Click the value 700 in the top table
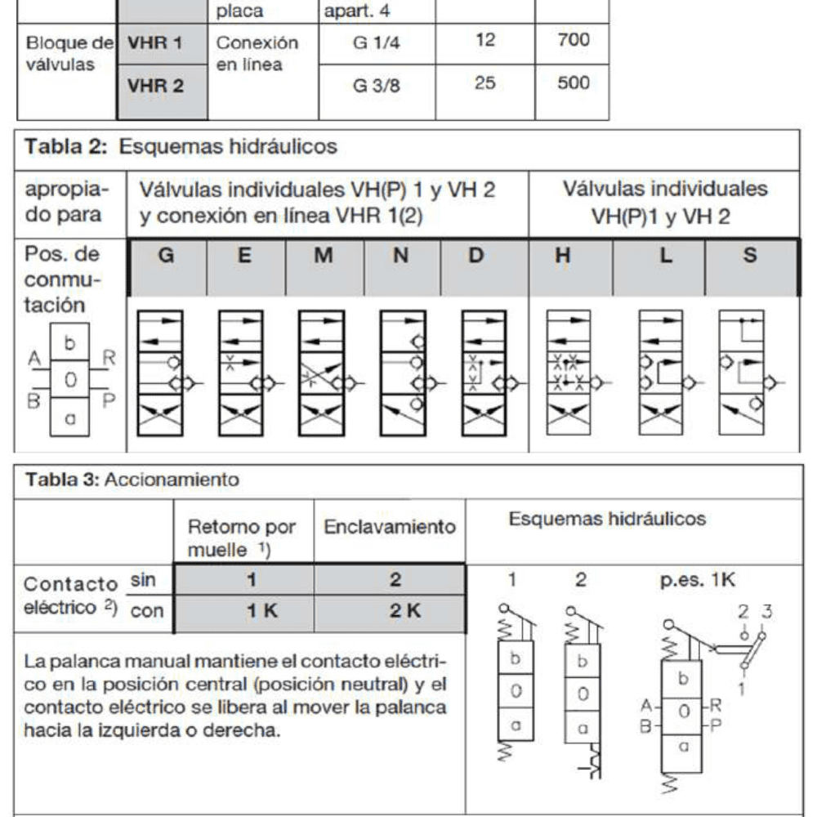point(573,39)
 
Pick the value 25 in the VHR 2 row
point(485,83)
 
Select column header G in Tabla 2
point(166,256)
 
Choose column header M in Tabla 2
point(324,256)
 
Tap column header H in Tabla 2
point(563,256)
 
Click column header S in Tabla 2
point(749,256)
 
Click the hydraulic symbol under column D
point(487,372)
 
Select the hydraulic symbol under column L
point(665,372)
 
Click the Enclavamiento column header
point(389,527)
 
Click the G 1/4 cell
point(377,42)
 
